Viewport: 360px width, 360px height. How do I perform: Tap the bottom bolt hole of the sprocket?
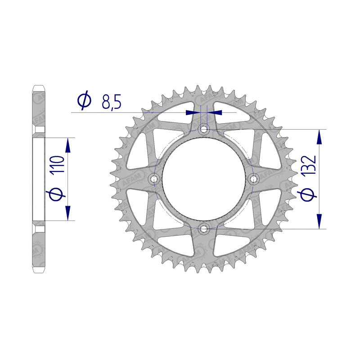tap(204, 229)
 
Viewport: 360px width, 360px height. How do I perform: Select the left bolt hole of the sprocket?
tap(155, 179)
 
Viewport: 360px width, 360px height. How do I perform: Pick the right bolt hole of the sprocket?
tap(254, 179)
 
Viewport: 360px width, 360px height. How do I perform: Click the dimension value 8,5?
tap(111, 102)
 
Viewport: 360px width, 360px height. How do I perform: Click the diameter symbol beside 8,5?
tap(84, 101)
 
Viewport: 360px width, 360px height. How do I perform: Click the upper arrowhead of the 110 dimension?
tap(68, 144)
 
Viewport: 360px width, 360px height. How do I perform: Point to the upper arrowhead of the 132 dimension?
tap(319, 137)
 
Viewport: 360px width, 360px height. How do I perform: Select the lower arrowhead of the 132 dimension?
tap(319, 221)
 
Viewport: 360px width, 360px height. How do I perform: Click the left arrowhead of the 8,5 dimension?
tap(193, 112)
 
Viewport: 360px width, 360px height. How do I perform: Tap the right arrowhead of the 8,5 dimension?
tap(216, 112)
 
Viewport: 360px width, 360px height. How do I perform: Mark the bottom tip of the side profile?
tap(40, 273)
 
